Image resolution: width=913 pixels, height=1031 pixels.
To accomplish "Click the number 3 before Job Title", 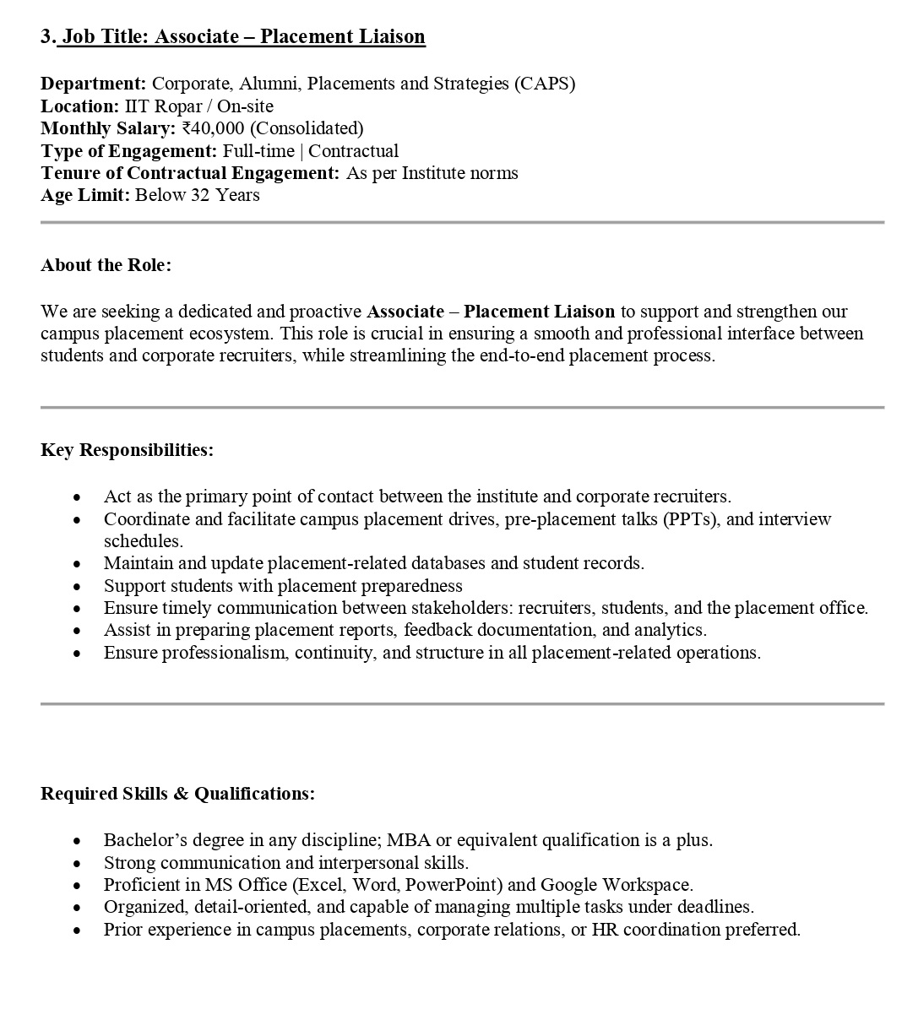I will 46,36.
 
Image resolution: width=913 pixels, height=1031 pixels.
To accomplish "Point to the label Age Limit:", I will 85,195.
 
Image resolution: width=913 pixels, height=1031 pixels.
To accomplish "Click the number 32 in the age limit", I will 198,195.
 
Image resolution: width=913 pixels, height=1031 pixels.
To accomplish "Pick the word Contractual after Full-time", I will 353,151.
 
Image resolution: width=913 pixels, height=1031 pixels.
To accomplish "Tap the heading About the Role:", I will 106,265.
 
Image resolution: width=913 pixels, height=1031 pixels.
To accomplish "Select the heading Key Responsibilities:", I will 127,450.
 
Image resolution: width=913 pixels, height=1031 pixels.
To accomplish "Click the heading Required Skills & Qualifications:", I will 177,794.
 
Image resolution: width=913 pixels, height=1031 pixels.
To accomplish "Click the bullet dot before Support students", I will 78,586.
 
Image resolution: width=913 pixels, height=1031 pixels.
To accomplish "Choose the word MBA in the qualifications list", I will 409,840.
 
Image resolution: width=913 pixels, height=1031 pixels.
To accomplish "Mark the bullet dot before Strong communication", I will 78,863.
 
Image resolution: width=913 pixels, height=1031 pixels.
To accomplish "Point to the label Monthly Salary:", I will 108,128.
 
